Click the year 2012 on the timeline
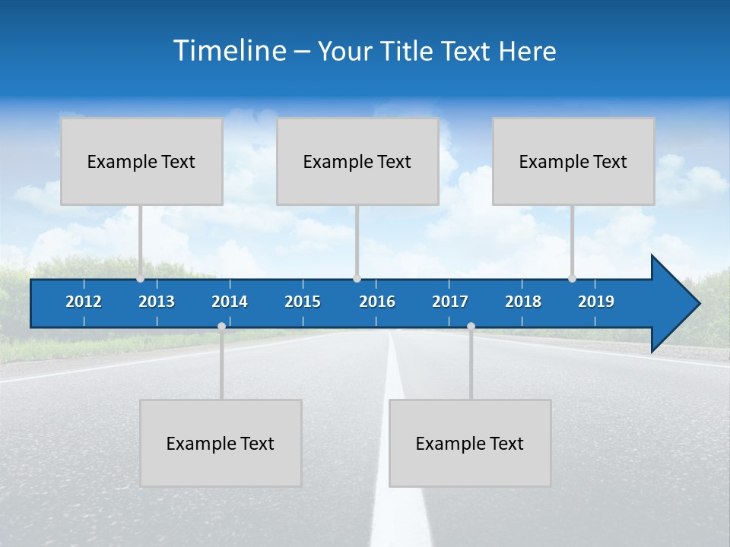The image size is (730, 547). click(84, 302)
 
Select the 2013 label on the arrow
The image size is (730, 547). click(157, 302)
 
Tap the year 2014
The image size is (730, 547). click(230, 302)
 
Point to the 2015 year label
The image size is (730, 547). click(303, 302)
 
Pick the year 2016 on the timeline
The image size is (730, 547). click(377, 302)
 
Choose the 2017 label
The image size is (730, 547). click(450, 302)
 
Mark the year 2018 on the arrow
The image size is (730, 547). click(523, 302)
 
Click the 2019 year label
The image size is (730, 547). click(596, 302)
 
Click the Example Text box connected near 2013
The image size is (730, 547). click(141, 161)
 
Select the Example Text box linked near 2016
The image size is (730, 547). click(357, 161)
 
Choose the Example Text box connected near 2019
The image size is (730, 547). click(573, 161)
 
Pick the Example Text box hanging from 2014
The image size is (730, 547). click(221, 443)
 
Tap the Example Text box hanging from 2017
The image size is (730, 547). click(470, 443)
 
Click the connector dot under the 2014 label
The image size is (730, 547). click(221, 327)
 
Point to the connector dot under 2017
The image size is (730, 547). click(471, 327)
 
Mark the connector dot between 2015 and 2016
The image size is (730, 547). click(357, 279)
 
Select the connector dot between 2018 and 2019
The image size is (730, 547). click(572, 279)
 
